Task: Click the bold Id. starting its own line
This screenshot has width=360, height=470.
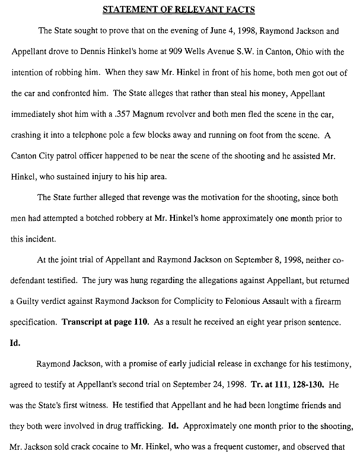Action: click(x=16, y=342)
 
